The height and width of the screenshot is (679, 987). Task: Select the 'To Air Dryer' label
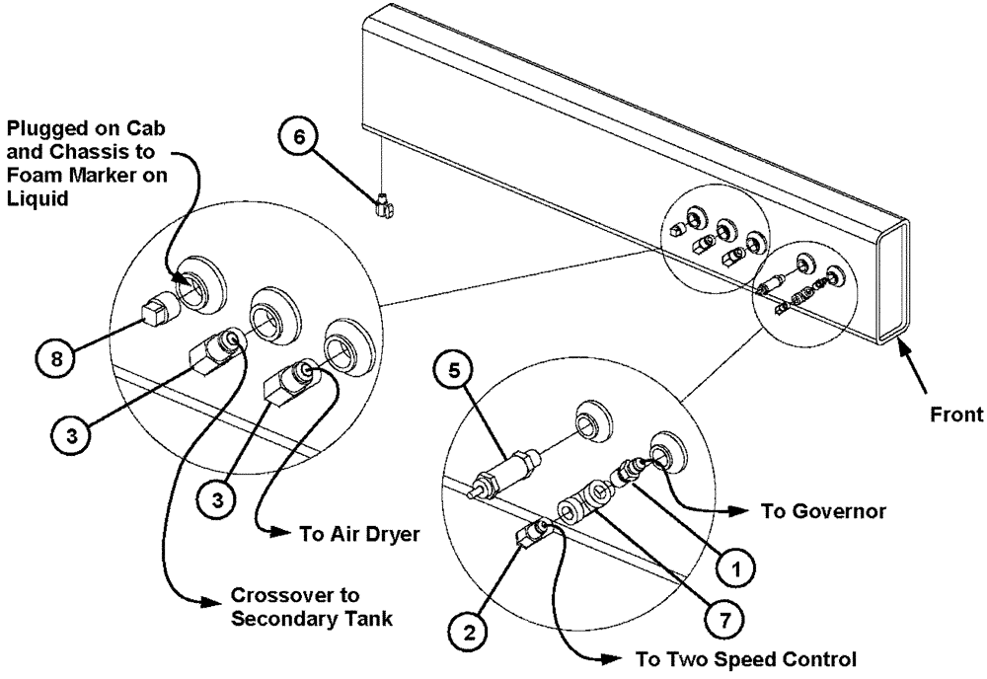click(348, 534)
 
